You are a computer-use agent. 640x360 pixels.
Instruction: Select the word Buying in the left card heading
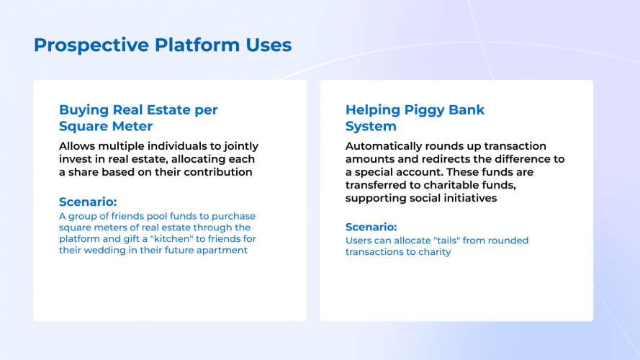click(x=84, y=110)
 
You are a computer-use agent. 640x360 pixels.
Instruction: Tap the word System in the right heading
click(x=371, y=127)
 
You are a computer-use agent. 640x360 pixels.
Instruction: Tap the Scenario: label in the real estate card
click(x=88, y=202)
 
